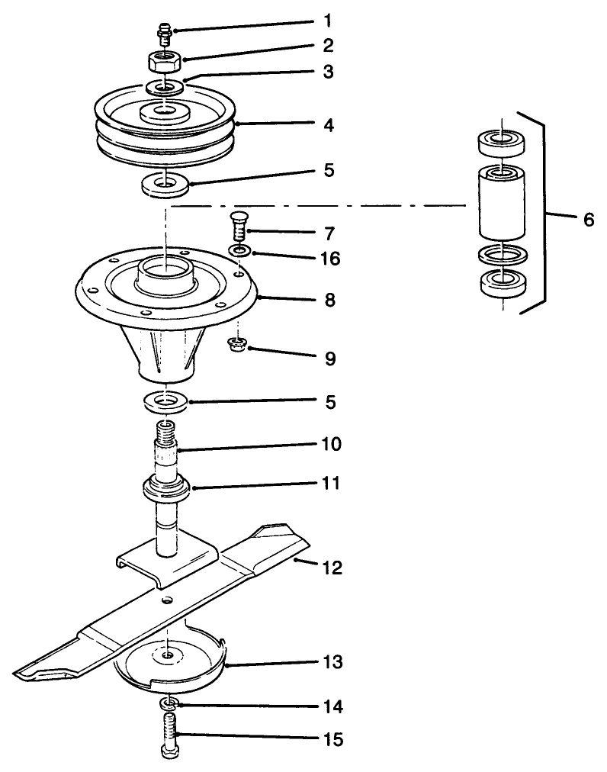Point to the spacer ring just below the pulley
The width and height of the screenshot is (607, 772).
(165, 184)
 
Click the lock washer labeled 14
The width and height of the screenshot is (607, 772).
(167, 701)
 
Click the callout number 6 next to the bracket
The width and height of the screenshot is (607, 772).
(588, 220)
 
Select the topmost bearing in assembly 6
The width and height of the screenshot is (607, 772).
(504, 142)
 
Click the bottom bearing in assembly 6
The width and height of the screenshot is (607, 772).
(504, 284)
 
